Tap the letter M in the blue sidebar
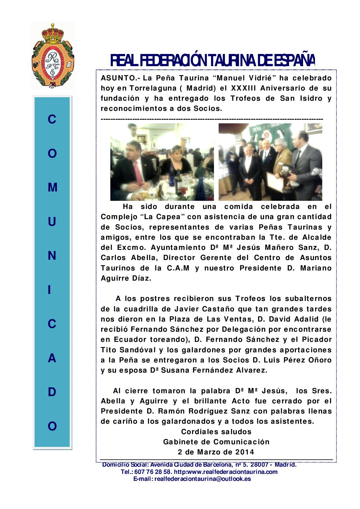(52, 188)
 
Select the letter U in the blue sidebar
(52, 222)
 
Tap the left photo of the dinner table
(162, 162)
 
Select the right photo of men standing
(270, 162)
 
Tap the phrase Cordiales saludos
(216, 432)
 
